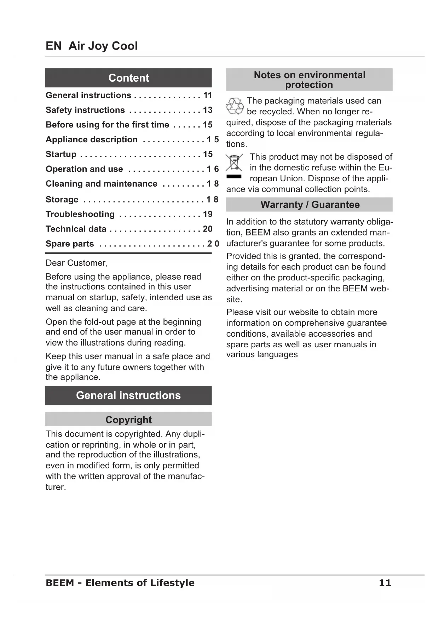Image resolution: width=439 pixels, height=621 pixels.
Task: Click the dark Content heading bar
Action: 128,78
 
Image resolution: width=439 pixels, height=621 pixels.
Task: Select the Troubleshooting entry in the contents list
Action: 80,214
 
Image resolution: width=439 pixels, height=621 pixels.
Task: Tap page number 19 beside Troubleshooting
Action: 208,214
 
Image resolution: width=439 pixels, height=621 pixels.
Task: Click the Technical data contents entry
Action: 76,229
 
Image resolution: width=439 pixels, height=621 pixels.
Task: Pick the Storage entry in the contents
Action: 62,200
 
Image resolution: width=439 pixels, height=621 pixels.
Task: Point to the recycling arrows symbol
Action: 235,106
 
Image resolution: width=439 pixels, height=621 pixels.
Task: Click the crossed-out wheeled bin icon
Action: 234,163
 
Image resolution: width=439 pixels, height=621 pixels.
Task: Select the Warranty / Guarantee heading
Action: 310,205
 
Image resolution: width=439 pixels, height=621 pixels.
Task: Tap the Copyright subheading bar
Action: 128,420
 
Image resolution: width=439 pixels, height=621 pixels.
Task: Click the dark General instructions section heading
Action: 128,395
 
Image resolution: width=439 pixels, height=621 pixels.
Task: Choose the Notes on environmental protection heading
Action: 310,80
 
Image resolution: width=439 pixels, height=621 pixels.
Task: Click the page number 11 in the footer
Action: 385,583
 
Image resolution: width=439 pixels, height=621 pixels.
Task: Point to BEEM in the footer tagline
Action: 60,583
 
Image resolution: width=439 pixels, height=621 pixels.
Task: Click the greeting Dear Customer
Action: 76,263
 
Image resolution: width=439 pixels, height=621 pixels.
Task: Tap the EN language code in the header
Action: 53,46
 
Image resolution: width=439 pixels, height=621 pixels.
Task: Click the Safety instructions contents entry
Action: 85,110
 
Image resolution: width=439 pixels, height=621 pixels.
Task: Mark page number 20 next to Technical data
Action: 208,229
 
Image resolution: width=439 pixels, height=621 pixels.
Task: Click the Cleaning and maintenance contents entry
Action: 101,184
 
